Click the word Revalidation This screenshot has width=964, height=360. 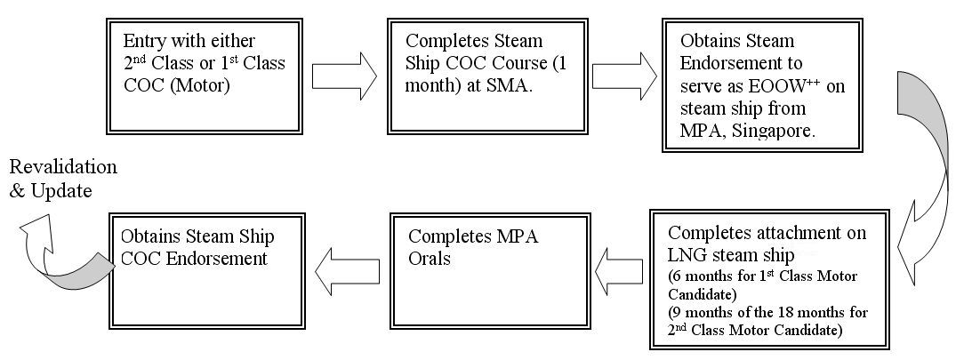coord(63,167)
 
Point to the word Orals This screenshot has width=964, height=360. coord(433,259)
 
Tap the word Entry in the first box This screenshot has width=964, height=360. coord(144,42)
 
